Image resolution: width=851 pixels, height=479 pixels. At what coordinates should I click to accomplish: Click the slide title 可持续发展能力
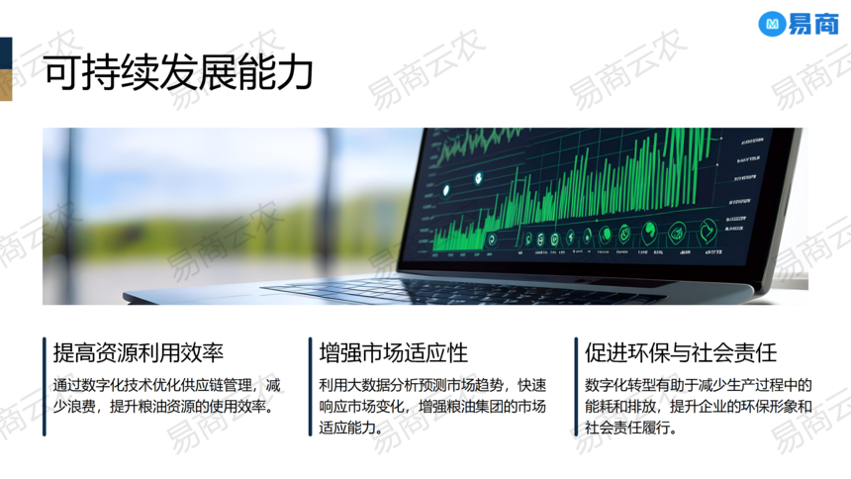(x=178, y=72)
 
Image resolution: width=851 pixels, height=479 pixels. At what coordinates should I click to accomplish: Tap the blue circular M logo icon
(x=772, y=24)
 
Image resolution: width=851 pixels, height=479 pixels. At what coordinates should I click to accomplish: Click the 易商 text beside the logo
(x=813, y=25)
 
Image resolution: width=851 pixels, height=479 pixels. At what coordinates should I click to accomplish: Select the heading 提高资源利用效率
(x=139, y=353)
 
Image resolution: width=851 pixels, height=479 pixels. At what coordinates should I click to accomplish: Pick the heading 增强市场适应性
(x=394, y=353)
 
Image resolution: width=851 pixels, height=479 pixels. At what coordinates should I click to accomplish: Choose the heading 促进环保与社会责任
(x=681, y=353)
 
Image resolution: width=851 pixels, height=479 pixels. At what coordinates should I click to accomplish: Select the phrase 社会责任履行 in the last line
(x=626, y=428)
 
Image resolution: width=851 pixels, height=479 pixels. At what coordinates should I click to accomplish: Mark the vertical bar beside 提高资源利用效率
(x=44, y=386)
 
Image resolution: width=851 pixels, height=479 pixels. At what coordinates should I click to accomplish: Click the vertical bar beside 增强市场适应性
(x=310, y=386)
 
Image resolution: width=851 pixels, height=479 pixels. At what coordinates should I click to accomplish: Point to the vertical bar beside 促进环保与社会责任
(x=576, y=386)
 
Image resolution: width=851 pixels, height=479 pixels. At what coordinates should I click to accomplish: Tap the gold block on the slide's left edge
(x=6, y=85)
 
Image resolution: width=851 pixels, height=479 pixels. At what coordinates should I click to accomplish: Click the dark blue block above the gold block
(x=6, y=53)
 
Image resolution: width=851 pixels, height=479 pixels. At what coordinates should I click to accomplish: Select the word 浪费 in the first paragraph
(x=81, y=407)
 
